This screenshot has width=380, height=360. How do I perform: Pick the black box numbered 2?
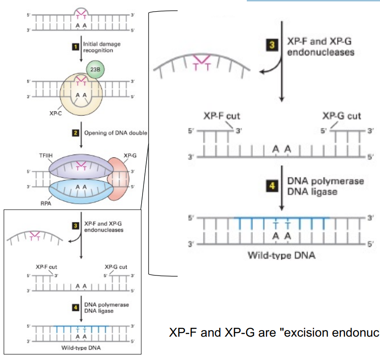(73, 134)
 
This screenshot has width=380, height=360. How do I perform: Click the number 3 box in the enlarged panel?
(275, 46)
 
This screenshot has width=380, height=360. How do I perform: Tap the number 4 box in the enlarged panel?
(275, 186)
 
